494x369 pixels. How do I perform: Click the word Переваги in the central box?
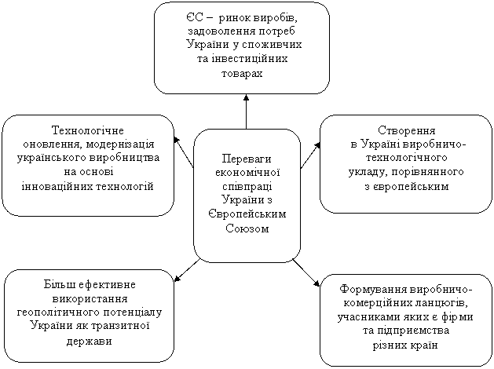click(247, 159)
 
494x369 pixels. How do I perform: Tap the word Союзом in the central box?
click(247, 228)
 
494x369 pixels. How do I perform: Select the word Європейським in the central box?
click(247, 214)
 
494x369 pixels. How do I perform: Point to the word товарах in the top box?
click(242, 74)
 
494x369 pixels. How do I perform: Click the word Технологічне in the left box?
click(88, 130)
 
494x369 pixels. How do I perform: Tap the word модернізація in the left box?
click(120, 144)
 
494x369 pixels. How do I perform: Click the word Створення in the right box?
click(406, 130)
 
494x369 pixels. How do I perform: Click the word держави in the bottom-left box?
click(90, 342)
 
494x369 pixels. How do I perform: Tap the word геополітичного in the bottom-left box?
click(57, 312)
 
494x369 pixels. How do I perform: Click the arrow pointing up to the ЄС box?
click(246, 111)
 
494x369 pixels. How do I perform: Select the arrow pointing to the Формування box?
click(306, 272)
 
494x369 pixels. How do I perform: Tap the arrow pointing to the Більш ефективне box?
click(187, 270)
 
